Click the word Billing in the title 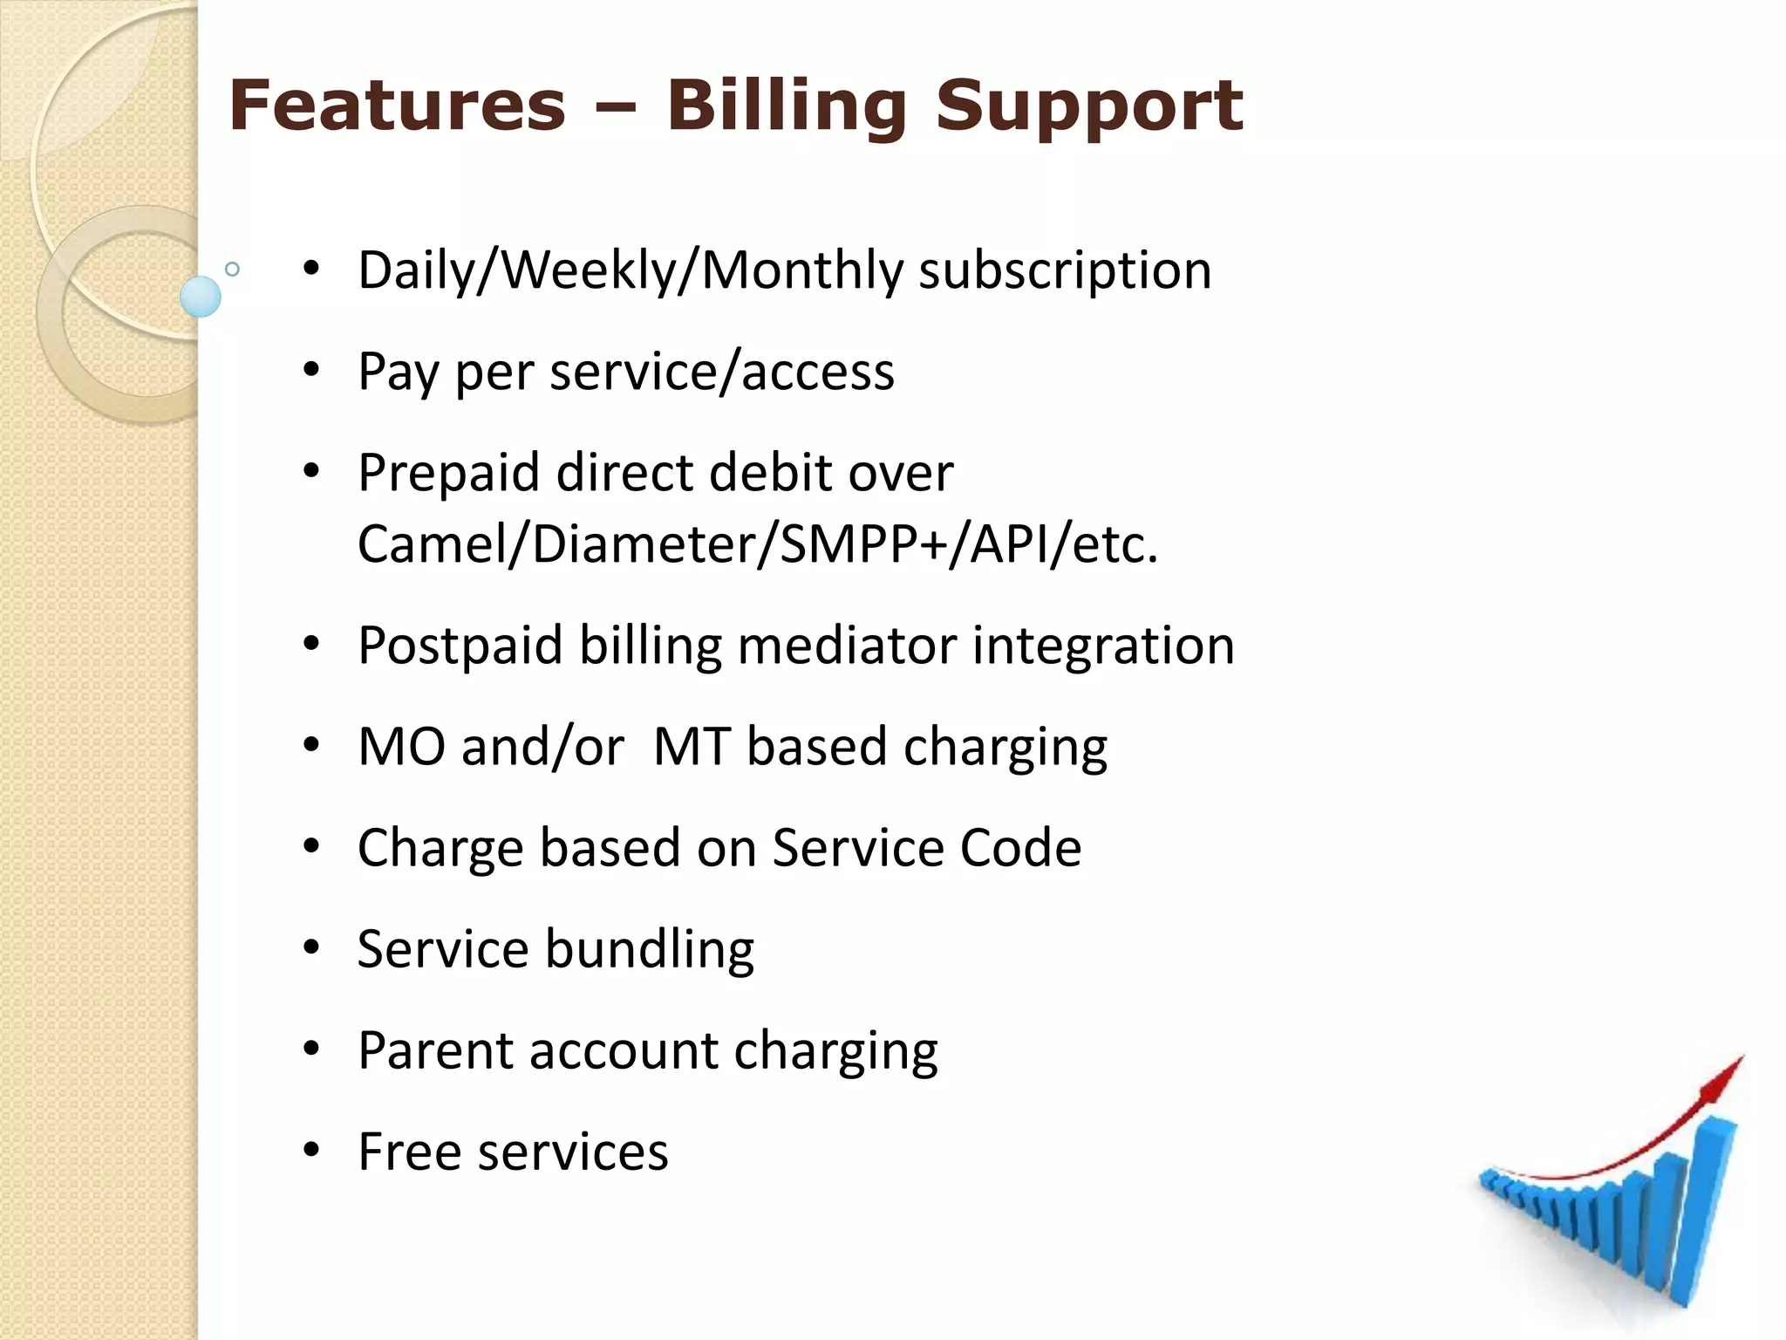[787, 106]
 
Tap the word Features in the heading [397, 106]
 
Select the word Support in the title [1088, 106]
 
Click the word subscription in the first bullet [1065, 270]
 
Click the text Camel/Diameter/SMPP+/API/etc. [757, 544]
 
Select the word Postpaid [460, 646]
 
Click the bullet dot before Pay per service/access [311, 372]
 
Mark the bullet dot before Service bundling [311, 949]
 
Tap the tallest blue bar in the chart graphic [1705, 1213]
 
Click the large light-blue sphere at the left [201, 297]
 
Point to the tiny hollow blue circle [232, 269]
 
